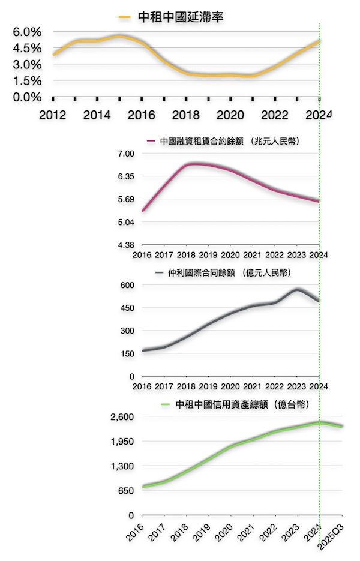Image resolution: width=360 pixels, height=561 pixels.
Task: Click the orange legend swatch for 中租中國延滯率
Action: [124, 17]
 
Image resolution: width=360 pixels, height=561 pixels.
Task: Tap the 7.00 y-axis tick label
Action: [125, 154]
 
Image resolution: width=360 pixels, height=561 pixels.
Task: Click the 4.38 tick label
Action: [125, 245]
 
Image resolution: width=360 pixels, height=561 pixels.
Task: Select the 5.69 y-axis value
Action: [125, 200]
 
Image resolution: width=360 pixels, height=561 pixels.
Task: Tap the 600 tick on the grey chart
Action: [127, 285]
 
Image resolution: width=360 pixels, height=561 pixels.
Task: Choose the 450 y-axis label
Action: [127, 308]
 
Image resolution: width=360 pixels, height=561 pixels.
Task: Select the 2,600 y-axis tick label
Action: [122, 416]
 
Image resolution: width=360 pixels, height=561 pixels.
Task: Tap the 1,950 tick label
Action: [122, 441]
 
